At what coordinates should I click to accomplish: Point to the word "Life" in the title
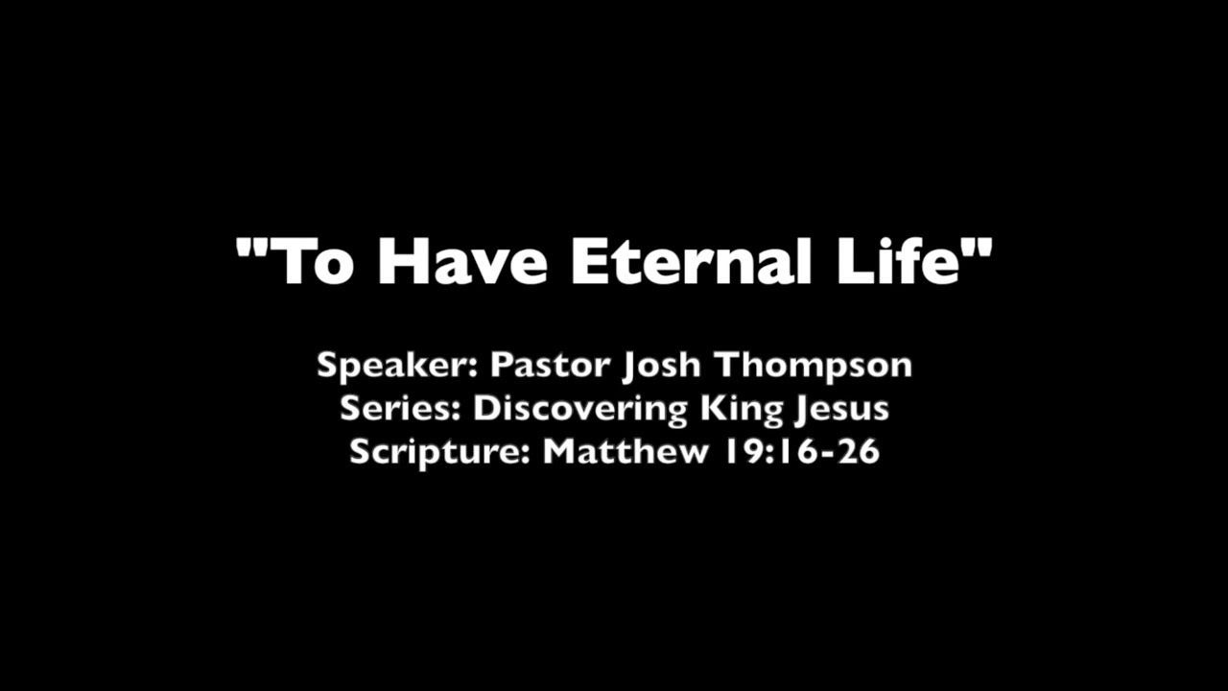point(898,260)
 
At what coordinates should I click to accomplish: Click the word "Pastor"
point(549,366)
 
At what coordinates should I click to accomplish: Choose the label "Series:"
point(401,409)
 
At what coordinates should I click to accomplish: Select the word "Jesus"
point(841,409)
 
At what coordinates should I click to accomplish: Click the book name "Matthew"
point(626,451)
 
